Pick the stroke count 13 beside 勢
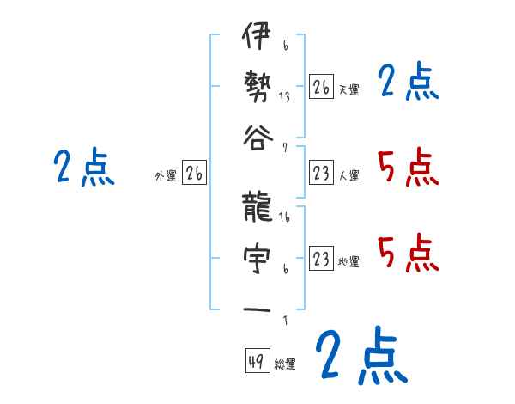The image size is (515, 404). (x=285, y=97)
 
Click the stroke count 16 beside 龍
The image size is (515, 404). (x=285, y=218)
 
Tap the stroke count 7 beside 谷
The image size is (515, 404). (x=285, y=147)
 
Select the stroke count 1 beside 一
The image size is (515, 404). (x=285, y=321)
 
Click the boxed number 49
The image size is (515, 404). (x=256, y=362)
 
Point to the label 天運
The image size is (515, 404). (x=348, y=89)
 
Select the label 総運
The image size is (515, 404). (x=285, y=364)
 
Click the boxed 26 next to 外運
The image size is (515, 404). (x=194, y=174)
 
